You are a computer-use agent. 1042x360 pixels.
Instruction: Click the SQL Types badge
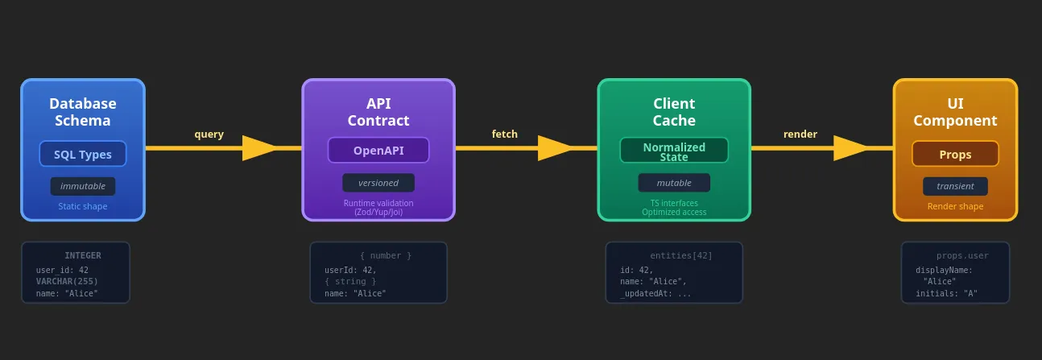[x=83, y=154]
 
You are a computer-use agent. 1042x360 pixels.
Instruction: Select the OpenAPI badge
[x=378, y=151]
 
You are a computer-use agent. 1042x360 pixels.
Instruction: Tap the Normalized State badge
[x=674, y=151]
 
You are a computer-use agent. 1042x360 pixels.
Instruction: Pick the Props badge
[x=955, y=155]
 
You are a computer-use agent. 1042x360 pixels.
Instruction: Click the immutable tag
[x=83, y=186]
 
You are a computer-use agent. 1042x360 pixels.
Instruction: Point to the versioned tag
[x=378, y=183]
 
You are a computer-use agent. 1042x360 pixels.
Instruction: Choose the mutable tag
[x=674, y=183]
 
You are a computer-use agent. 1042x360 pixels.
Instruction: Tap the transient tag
[x=955, y=186]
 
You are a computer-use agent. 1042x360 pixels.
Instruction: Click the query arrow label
[x=209, y=134]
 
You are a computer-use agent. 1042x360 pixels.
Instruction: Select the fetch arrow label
[x=505, y=134]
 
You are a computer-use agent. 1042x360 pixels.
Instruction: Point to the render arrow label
[x=800, y=134]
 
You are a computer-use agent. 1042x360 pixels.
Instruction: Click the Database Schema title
[x=83, y=112]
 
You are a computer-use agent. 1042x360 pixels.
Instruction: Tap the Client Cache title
[x=674, y=112]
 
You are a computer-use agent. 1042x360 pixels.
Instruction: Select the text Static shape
[x=83, y=207]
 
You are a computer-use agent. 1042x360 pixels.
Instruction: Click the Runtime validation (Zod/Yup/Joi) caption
[x=378, y=208]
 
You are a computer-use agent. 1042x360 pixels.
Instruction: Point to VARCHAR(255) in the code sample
[x=68, y=282]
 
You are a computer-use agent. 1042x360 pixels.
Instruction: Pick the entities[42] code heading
[x=681, y=255]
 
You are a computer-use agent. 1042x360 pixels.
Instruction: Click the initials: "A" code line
[x=946, y=293]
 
